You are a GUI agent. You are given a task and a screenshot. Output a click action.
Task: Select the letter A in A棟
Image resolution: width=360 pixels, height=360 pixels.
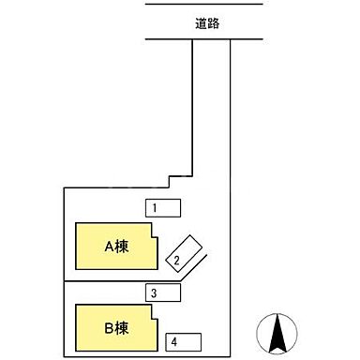click(x=108, y=247)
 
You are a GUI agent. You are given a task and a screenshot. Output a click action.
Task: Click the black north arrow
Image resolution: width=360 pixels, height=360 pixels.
click(x=278, y=333)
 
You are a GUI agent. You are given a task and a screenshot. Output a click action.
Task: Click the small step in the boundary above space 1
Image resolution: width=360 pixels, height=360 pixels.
click(x=169, y=180)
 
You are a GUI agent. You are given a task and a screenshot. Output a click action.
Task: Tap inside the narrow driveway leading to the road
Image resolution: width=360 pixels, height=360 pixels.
click(x=212, y=112)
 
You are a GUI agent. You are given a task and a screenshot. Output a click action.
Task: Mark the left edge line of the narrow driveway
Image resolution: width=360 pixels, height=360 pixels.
click(x=193, y=112)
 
